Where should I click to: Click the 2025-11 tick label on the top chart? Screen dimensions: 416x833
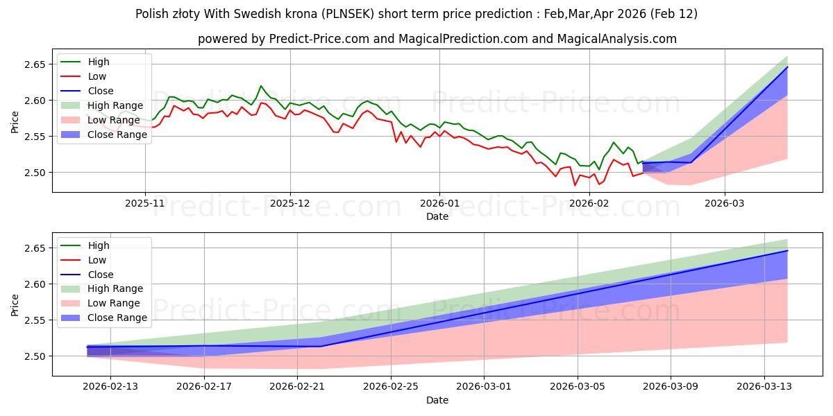145,205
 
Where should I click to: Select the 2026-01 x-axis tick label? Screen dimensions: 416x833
439,205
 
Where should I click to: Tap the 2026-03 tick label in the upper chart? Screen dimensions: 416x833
725,205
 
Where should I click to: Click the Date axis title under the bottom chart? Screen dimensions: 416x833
437,400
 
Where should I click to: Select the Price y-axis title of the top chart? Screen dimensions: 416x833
15,122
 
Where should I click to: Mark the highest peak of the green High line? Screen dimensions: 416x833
261,86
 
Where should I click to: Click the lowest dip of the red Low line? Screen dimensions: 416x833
575,185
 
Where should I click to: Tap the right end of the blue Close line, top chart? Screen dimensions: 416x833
787,67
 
